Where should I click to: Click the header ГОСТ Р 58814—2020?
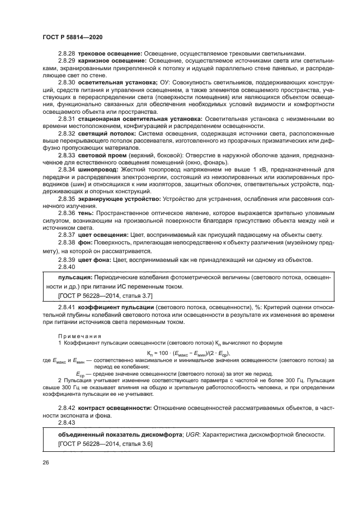[72, 36]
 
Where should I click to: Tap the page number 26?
[46, 463]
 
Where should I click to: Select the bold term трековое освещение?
[110, 53]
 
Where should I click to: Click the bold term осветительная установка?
[117, 82]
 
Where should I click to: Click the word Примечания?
[77, 336]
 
